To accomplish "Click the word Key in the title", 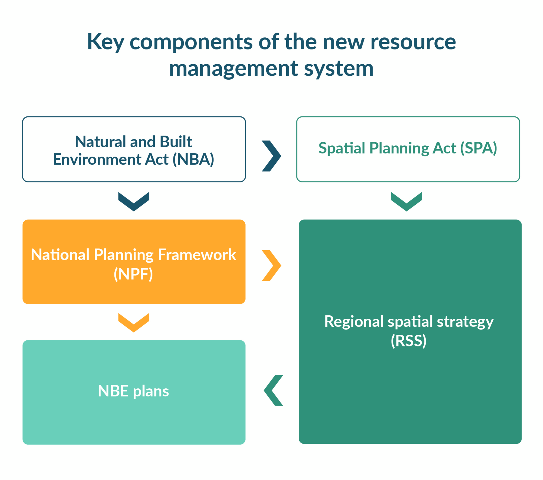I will coord(105,42).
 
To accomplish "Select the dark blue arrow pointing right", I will coord(272,156).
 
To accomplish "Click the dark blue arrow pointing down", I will coord(134,201).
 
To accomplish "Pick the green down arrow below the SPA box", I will coord(406,201).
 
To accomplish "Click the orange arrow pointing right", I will coord(272,265).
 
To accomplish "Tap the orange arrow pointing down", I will coord(134,323).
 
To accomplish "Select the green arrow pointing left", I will coord(274,390).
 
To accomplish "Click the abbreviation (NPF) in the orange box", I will coord(133,274).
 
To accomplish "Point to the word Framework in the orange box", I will coord(197,255).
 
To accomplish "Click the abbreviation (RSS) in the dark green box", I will coord(408,341).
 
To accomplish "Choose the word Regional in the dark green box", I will coord(354,322).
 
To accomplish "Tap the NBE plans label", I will coord(133,391).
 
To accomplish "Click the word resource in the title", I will coord(413,42).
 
